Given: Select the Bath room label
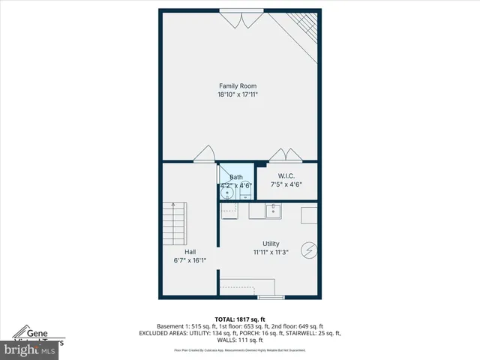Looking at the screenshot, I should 235,177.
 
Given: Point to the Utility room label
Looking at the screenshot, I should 271,244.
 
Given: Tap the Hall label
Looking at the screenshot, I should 190,252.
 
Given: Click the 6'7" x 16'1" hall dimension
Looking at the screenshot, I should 190,260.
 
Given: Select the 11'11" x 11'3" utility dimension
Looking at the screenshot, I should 271,252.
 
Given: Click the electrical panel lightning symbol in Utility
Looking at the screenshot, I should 307,250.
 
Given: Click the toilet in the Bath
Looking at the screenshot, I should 245,193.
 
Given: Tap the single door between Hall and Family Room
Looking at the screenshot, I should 203,155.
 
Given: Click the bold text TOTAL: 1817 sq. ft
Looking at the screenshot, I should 239,319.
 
